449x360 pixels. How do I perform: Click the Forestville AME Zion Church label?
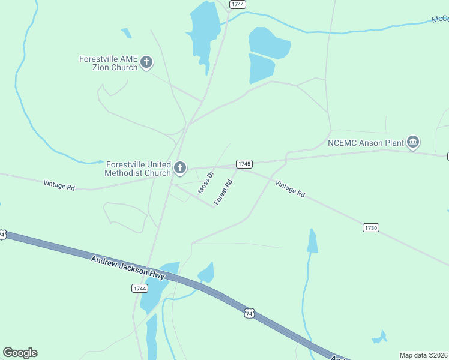coord(108,63)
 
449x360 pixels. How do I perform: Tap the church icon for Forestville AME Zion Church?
coord(146,62)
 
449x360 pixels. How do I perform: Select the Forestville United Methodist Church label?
coord(138,169)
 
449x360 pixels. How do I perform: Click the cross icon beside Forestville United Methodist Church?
coord(180,169)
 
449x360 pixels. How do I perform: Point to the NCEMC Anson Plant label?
coord(366,143)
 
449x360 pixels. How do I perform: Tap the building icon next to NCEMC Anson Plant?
coord(412,142)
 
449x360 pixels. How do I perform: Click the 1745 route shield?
coord(244,164)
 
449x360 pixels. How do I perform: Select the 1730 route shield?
coord(370,227)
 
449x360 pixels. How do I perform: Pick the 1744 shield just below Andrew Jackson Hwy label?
coord(139,289)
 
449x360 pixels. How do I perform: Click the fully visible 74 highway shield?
coord(250,313)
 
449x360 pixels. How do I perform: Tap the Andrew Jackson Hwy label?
coord(128,268)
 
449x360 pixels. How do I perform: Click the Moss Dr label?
coord(206,183)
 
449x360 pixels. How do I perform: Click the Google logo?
coord(20,353)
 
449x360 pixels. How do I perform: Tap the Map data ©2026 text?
coord(423,355)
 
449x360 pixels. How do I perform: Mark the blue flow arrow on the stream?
coord(100,161)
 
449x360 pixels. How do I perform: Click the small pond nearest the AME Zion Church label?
coord(126,33)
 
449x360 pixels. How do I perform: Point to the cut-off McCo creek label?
coord(440,20)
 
